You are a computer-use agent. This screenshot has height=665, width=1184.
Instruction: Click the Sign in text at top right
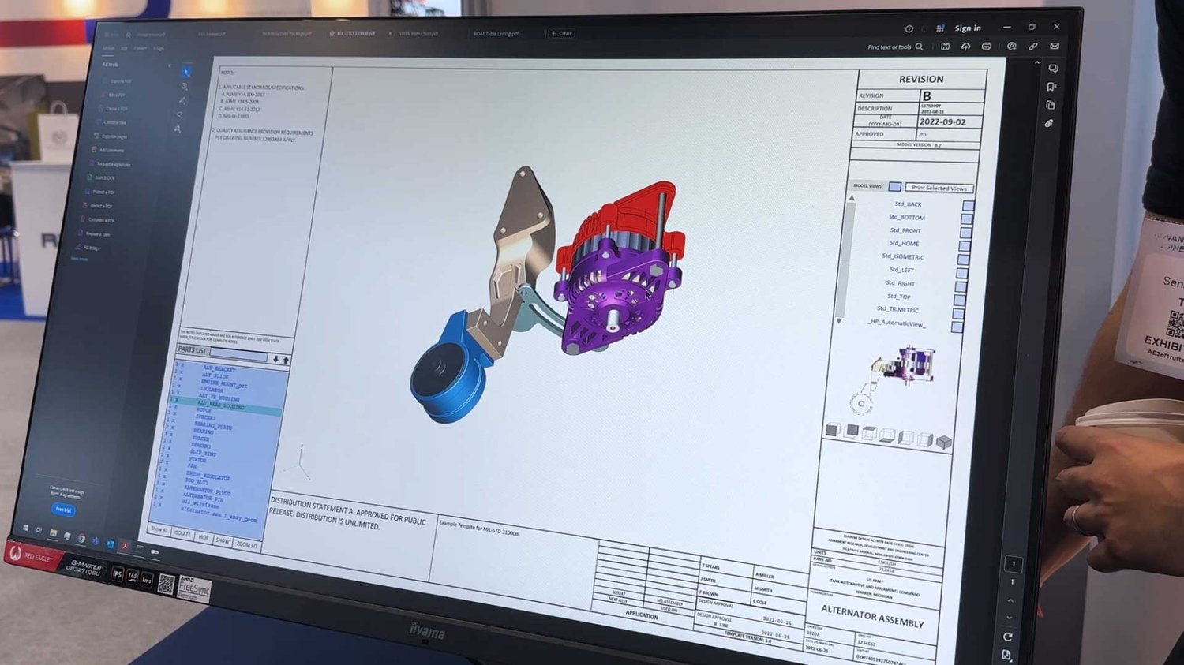tap(967, 28)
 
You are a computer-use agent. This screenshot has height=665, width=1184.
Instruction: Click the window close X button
tap(1056, 27)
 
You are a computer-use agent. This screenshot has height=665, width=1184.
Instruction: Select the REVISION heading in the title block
tap(920, 79)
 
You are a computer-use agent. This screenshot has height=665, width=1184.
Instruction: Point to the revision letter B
tap(927, 96)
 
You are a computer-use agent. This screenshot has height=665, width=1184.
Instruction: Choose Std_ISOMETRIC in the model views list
tap(902, 256)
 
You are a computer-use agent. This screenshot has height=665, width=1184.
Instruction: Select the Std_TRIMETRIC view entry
tap(897, 309)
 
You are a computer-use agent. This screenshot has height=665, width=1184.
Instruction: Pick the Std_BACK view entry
tap(908, 204)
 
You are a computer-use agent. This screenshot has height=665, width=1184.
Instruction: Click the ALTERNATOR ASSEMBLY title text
tap(871, 615)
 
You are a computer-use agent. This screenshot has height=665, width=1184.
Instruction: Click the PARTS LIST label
tap(192, 350)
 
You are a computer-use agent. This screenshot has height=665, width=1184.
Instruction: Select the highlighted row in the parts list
tap(225, 406)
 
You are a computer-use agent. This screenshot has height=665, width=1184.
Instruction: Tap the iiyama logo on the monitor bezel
tap(426, 631)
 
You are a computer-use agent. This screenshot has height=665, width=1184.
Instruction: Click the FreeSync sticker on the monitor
tap(193, 588)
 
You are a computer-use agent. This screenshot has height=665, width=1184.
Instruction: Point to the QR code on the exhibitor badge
tap(1175, 323)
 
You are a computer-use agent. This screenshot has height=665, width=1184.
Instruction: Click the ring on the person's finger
tap(1075, 517)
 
